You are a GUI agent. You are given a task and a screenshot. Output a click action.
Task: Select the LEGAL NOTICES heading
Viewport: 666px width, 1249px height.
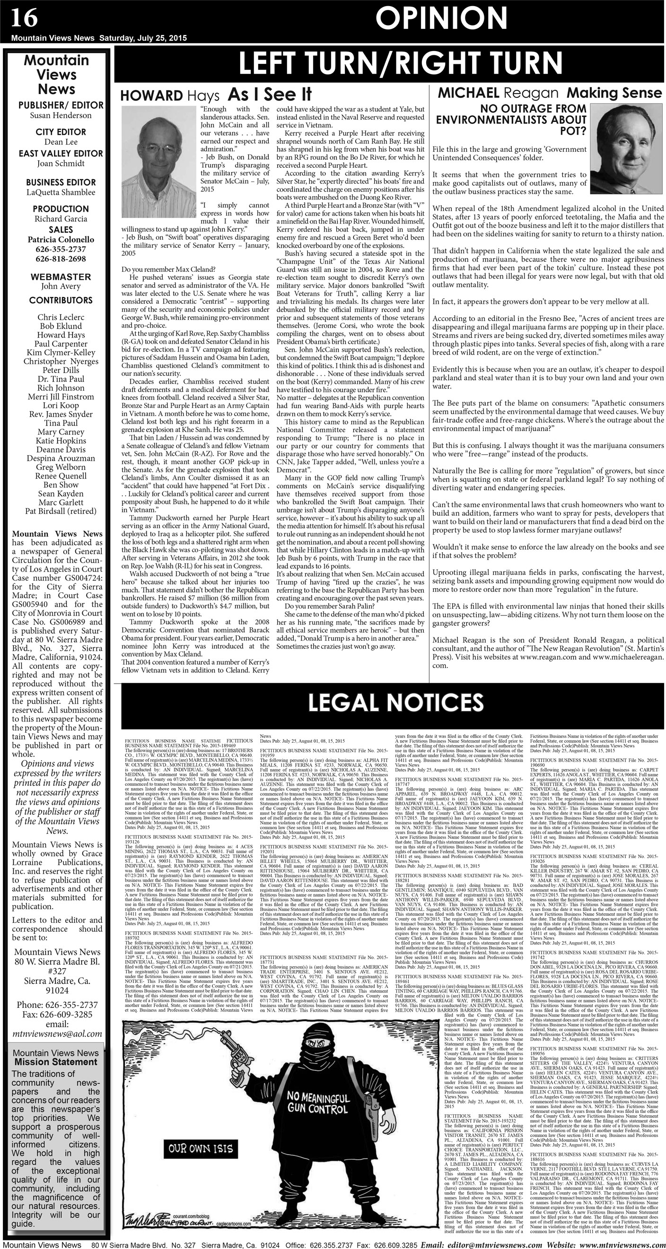click(x=396, y=702)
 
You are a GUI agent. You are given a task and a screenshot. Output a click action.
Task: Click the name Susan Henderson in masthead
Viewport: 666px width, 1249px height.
click(x=61, y=115)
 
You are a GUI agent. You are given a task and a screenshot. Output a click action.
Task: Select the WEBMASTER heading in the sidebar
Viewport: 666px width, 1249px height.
click(x=61, y=277)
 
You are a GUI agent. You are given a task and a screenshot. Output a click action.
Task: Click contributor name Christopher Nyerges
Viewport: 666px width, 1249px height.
click(x=61, y=361)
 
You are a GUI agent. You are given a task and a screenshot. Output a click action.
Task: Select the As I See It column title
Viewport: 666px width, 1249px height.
click(x=270, y=94)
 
